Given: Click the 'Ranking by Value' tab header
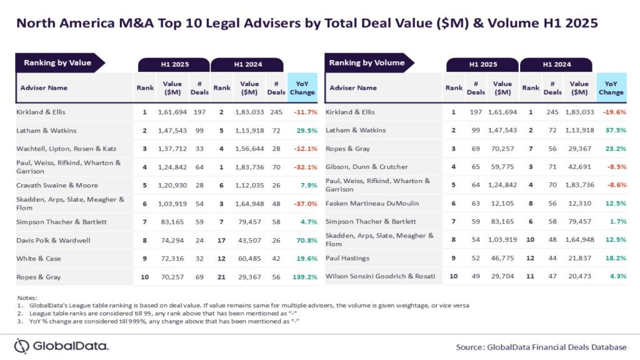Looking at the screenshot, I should [x=57, y=62].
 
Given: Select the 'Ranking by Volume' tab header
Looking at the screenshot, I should [x=367, y=62].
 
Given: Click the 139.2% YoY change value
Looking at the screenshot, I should [x=303, y=276].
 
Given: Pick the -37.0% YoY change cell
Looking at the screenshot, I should [x=303, y=203].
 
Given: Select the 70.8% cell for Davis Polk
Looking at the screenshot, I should [x=304, y=239].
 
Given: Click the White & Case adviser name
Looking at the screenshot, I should [x=38, y=257].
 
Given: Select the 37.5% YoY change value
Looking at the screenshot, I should [x=612, y=130].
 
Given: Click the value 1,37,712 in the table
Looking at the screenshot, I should [x=173, y=148].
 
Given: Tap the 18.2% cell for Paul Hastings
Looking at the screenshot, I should [x=612, y=257].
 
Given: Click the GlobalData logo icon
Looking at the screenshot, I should [x=22, y=346].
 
